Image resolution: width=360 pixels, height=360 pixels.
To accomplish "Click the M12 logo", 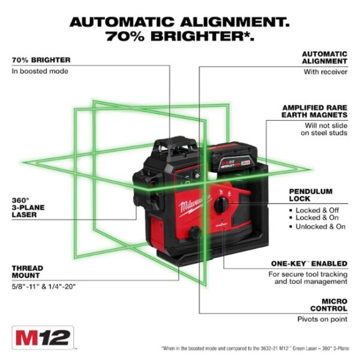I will tap(42, 337).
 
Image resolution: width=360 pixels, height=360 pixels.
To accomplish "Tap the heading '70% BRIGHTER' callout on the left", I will tap(41, 60).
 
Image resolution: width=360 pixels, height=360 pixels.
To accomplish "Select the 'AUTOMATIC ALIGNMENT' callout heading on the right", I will tap(324, 57).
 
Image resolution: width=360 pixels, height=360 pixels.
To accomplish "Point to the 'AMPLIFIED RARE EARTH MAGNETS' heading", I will tap(315, 110).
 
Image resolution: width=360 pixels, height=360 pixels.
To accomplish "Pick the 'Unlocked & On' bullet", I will tap(321, 227).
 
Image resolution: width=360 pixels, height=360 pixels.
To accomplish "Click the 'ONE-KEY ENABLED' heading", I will tap(307, 263).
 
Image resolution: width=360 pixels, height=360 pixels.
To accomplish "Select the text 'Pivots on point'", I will tap(322, 319).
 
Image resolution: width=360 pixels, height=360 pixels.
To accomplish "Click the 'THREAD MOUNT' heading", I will tap(28, 272).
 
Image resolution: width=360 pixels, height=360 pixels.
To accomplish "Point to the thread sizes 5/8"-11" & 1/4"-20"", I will tap(44, 286).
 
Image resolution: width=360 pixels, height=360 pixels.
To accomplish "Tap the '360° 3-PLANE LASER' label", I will tap(26, 207).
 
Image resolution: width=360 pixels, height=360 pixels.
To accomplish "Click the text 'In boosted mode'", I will tap(40, 71).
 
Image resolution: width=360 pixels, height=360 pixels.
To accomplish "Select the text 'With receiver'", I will tap(326, 71).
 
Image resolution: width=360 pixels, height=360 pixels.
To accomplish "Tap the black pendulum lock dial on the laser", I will tap(222, 205).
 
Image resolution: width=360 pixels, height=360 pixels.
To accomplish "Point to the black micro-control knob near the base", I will tap(195, 233).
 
